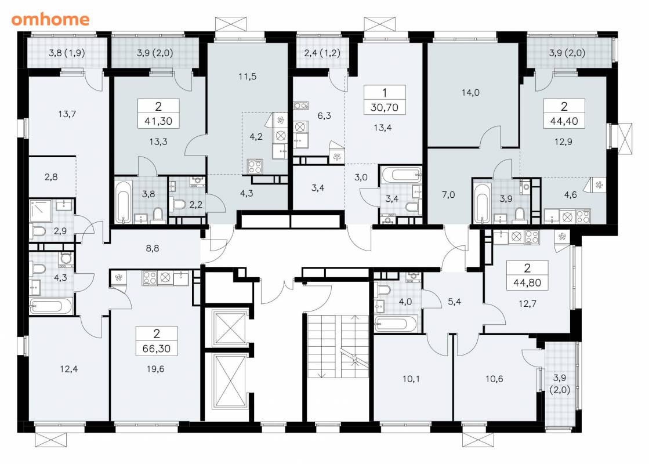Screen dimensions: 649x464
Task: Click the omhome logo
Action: pos(50,19)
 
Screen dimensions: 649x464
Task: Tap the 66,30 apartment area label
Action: pos(157,349)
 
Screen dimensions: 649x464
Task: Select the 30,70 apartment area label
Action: pos(385,107)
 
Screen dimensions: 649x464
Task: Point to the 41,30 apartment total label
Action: pos(158,121)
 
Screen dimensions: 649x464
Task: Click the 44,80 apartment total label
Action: pos(527,282)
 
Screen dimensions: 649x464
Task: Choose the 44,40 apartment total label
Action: pos(564,121)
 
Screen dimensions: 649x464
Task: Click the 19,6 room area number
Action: pos(155,369)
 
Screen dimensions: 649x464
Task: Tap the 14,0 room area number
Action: pos(470,93)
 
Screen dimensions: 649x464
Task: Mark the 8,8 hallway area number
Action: pos(153,248)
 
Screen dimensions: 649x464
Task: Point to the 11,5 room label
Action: pos(248,77)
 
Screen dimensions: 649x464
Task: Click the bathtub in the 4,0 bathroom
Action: pos(396,324)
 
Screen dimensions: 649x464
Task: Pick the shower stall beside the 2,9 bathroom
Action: pos(40,212)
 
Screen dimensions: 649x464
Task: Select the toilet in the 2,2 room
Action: pos(179,204)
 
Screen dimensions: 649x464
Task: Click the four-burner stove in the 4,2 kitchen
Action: pos(255,166)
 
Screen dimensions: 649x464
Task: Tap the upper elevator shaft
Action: pos(230,328)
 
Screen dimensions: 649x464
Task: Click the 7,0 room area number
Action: pos(448,194)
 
